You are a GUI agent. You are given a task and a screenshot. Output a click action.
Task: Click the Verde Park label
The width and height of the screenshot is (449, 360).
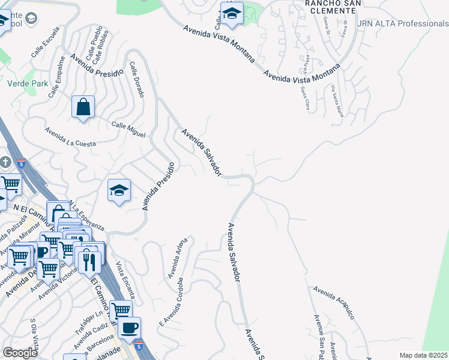(27, 84)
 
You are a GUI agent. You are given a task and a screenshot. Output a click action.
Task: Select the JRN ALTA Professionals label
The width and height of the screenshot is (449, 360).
(403, 23)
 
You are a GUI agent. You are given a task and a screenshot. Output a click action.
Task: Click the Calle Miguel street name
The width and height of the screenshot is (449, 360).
(128, 130)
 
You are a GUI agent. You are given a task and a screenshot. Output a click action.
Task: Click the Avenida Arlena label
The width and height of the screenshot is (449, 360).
(178, 259)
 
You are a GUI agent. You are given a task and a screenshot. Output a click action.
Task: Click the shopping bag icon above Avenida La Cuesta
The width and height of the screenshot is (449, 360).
(83, 107)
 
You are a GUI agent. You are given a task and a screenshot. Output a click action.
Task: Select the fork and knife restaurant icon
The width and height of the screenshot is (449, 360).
(89, 261)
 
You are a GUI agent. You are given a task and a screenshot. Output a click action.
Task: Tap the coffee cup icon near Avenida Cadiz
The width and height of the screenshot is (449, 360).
(128, 328)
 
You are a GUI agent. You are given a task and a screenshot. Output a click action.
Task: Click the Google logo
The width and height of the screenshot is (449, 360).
(20, 353)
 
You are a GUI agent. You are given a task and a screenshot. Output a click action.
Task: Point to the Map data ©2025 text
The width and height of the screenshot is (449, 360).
(424, 355)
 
